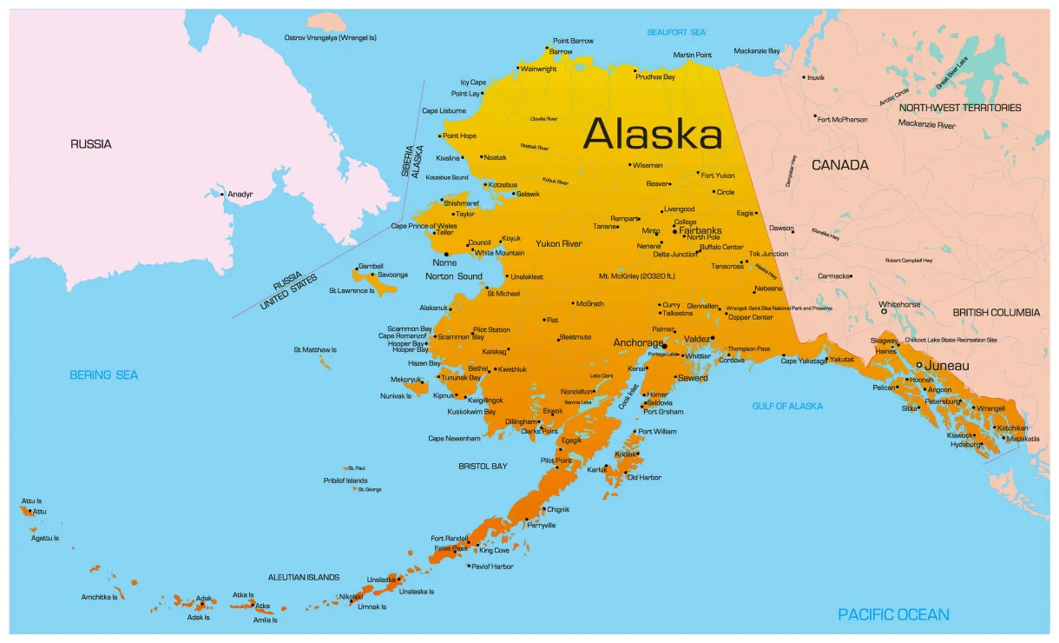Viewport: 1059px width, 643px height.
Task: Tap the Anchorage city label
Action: pyautogui.click(x=638, y=342)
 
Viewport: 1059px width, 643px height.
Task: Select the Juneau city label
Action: pyautogui.click(x=946, y=366)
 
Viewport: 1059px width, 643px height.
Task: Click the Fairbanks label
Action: pyautogui.click(x=700, y=230)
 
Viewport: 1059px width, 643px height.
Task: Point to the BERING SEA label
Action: pyautogui.click(x=104, y=375)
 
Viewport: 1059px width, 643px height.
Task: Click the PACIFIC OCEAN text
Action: pyautogui.click(x=893, y=614)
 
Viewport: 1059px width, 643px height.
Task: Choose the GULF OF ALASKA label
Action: pyautogui.click(x=787, y=406)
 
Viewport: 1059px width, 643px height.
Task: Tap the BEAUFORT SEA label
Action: pyautogui.click(x=676, y=32)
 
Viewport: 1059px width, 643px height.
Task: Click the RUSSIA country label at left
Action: pyautogui.click(x=91, y=144)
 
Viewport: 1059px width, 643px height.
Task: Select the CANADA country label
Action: pyautogui.click(x=839, y=164)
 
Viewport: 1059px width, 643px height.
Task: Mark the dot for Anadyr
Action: pyautogui.click(x=222, y=194)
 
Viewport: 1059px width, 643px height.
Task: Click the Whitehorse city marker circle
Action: pyautogui.click(x=884, y=311)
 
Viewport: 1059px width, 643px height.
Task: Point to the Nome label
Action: pyautogui.click(x=444, y=262)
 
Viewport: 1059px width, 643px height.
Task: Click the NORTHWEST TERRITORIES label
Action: pyautogui.click(x=960, y=108)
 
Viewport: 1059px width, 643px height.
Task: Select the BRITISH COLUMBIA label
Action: pyautogui.click(x=996, y=312)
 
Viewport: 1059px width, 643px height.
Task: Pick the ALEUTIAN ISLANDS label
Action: pyautogui.click(x=304, y=577)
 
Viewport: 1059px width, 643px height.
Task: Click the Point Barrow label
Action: pyautogui.click(x=573, y=41)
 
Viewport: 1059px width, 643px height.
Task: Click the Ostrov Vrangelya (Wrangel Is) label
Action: pyautogui.click(x=330, y=37)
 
